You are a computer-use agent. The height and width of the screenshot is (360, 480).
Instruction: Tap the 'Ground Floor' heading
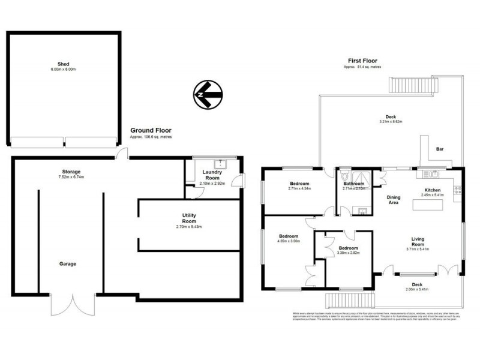point(151,130)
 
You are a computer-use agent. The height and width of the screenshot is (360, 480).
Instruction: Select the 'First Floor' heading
point(362,61)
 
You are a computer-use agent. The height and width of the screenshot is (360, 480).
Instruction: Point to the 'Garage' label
point(67,263)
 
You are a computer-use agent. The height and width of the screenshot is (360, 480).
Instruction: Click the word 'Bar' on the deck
point(439,149)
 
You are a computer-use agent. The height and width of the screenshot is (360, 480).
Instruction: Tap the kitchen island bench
point(427,205)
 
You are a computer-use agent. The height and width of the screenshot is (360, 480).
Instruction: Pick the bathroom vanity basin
point(362,210)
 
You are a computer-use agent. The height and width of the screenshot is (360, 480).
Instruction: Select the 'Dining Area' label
point(394,200)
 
